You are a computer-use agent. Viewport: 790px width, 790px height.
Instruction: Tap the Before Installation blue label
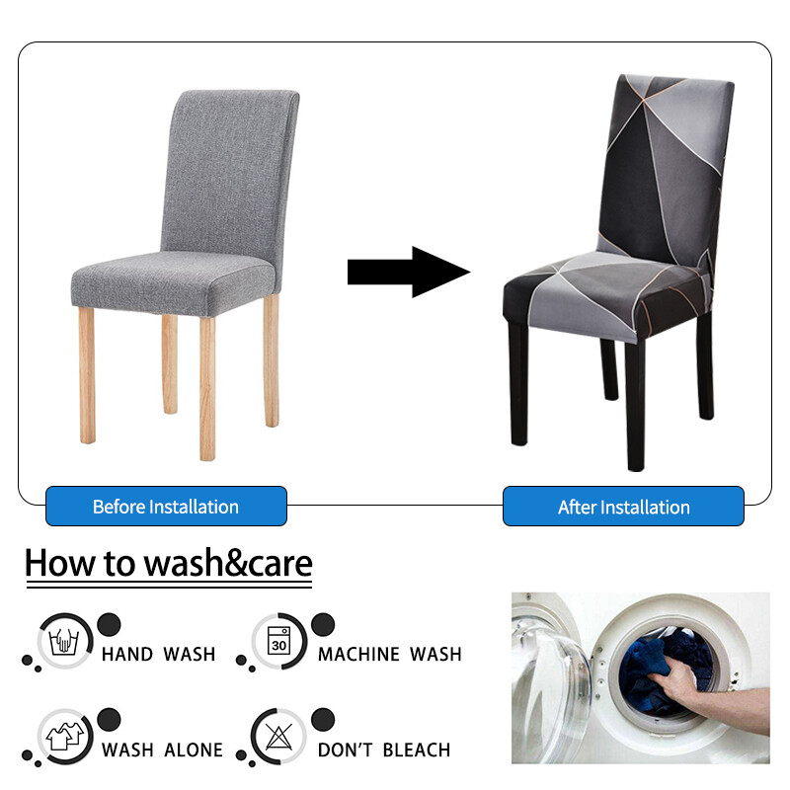pyautogui.click(x=166, y=507)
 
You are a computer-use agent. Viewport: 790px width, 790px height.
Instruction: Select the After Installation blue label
pyautogui.click(x=623, y=507)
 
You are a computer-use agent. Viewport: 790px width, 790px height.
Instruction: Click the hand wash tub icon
pyautogui.click(x=65, y=642)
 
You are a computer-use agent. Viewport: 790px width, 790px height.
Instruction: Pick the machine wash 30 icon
pyautogui.click(x=278, y=642)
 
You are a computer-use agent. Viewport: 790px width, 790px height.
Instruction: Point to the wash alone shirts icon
pyautogui.click(x=65, y=736)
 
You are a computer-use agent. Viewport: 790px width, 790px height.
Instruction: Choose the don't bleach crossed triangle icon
pyautogui.click(x=278, y=736)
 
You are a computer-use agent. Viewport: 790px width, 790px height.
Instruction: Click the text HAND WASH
pyautogui.click(x=158, y=654)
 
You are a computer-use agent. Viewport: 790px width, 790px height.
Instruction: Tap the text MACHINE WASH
pyautogui.click(x=389, y=654)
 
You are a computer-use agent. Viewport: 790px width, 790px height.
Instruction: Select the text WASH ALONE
pyautogui.click(x=162, y=750)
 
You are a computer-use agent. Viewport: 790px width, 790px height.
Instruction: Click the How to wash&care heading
pyautogui.click(x=168, y=564)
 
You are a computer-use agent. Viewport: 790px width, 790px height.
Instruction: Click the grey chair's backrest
pyautogui.click(x=232, y=168)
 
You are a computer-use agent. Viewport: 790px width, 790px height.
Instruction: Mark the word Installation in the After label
pyautogui.click(x=646, y=508)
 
